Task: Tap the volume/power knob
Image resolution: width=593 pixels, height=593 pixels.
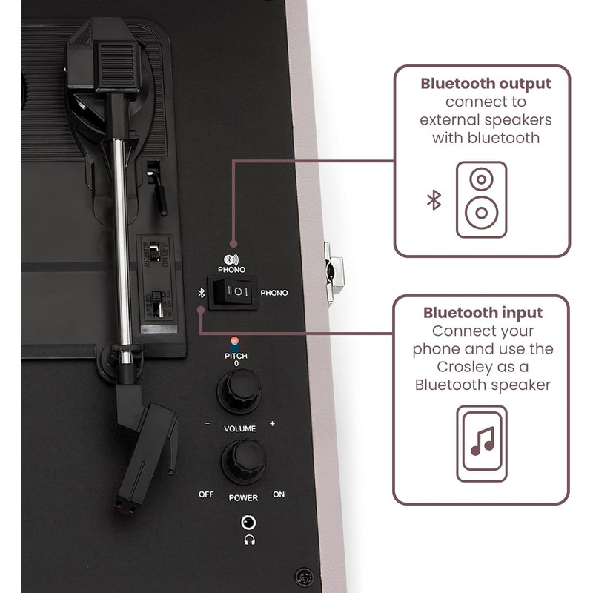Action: click(x=242, y=461)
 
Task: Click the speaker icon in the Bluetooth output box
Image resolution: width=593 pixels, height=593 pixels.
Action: click(x=481, y=199)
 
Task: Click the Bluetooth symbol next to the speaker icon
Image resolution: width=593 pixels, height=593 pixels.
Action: click(x=434, y=199)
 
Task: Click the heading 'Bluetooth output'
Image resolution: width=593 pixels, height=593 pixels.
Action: click(x=486, y=82)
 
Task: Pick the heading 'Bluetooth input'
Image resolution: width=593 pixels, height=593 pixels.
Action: click(x=483, y=313)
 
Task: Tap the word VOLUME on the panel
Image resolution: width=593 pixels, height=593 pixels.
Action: click(x=239, y=429)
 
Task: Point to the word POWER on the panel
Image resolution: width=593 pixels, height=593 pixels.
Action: click(x=243, y=498)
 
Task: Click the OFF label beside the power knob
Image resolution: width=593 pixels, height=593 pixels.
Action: click(x=205, y=494)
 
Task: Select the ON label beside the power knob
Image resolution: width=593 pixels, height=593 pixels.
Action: click(x=279, y=494)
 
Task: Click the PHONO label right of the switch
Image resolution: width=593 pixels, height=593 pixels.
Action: click(x=274, y=293)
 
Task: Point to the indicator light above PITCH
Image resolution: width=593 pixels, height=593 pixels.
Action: click(x=235, y=342)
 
